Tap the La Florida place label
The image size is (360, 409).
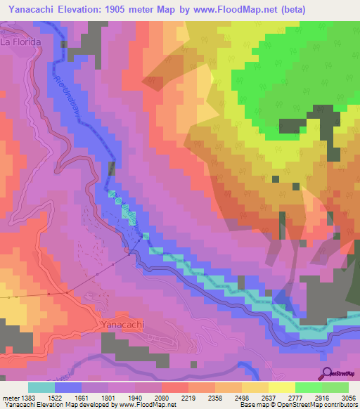22,42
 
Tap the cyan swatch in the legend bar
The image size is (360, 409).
41,387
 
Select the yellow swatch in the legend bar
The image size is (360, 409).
282,387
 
